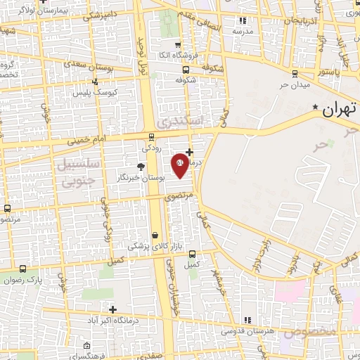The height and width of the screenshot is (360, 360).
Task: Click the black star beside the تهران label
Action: pos(315,106)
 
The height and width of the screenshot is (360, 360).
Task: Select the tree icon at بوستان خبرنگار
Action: pos(140,167)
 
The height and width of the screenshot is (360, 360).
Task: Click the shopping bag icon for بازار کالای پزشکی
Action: pos(155,236)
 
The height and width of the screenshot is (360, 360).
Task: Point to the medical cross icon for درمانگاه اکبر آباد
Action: pos(112,309)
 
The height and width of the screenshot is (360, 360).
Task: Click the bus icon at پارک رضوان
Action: pos(23,269)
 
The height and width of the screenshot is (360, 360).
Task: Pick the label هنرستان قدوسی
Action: pos(245,329)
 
